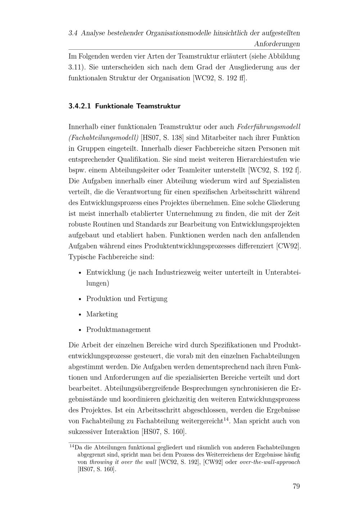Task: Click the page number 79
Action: tap(296, 486)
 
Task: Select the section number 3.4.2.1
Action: tap(80, 106)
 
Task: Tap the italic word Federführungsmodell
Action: tap(269, 127)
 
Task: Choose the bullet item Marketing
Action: tap(102, 314)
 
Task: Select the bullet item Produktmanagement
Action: tap(118, 329)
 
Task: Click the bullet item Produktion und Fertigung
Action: tap(127, 298)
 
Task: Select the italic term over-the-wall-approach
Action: tap(270, 462)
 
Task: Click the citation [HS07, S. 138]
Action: tap(162, 138)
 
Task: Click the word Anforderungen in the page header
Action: tap(277, 44)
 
